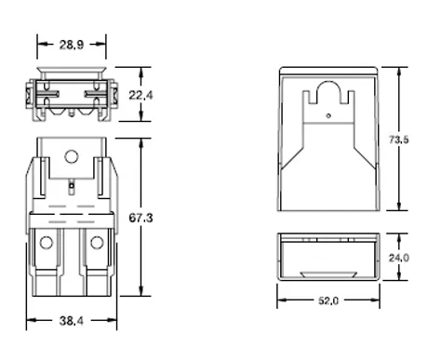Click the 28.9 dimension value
pyautogui.click(x=72, y=45)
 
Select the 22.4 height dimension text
pyautogui.click(x=140, y=95)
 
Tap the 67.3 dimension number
pyautogui.click(x=140, y=218)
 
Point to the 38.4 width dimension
pyautogui.click(x=72, y=321)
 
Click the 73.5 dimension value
pyautogui.click(x=399, y=140)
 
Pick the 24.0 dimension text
pyautogui.click(x=399, y=258)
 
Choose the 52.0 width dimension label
pyautogui.click(x=328, y=300)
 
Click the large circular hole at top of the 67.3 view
pyautogui.click(x=71, y=156)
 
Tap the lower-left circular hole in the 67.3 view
pyautogui.click(x=47, y=243)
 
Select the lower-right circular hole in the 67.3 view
pyautogui.click(x=97, y=243)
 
